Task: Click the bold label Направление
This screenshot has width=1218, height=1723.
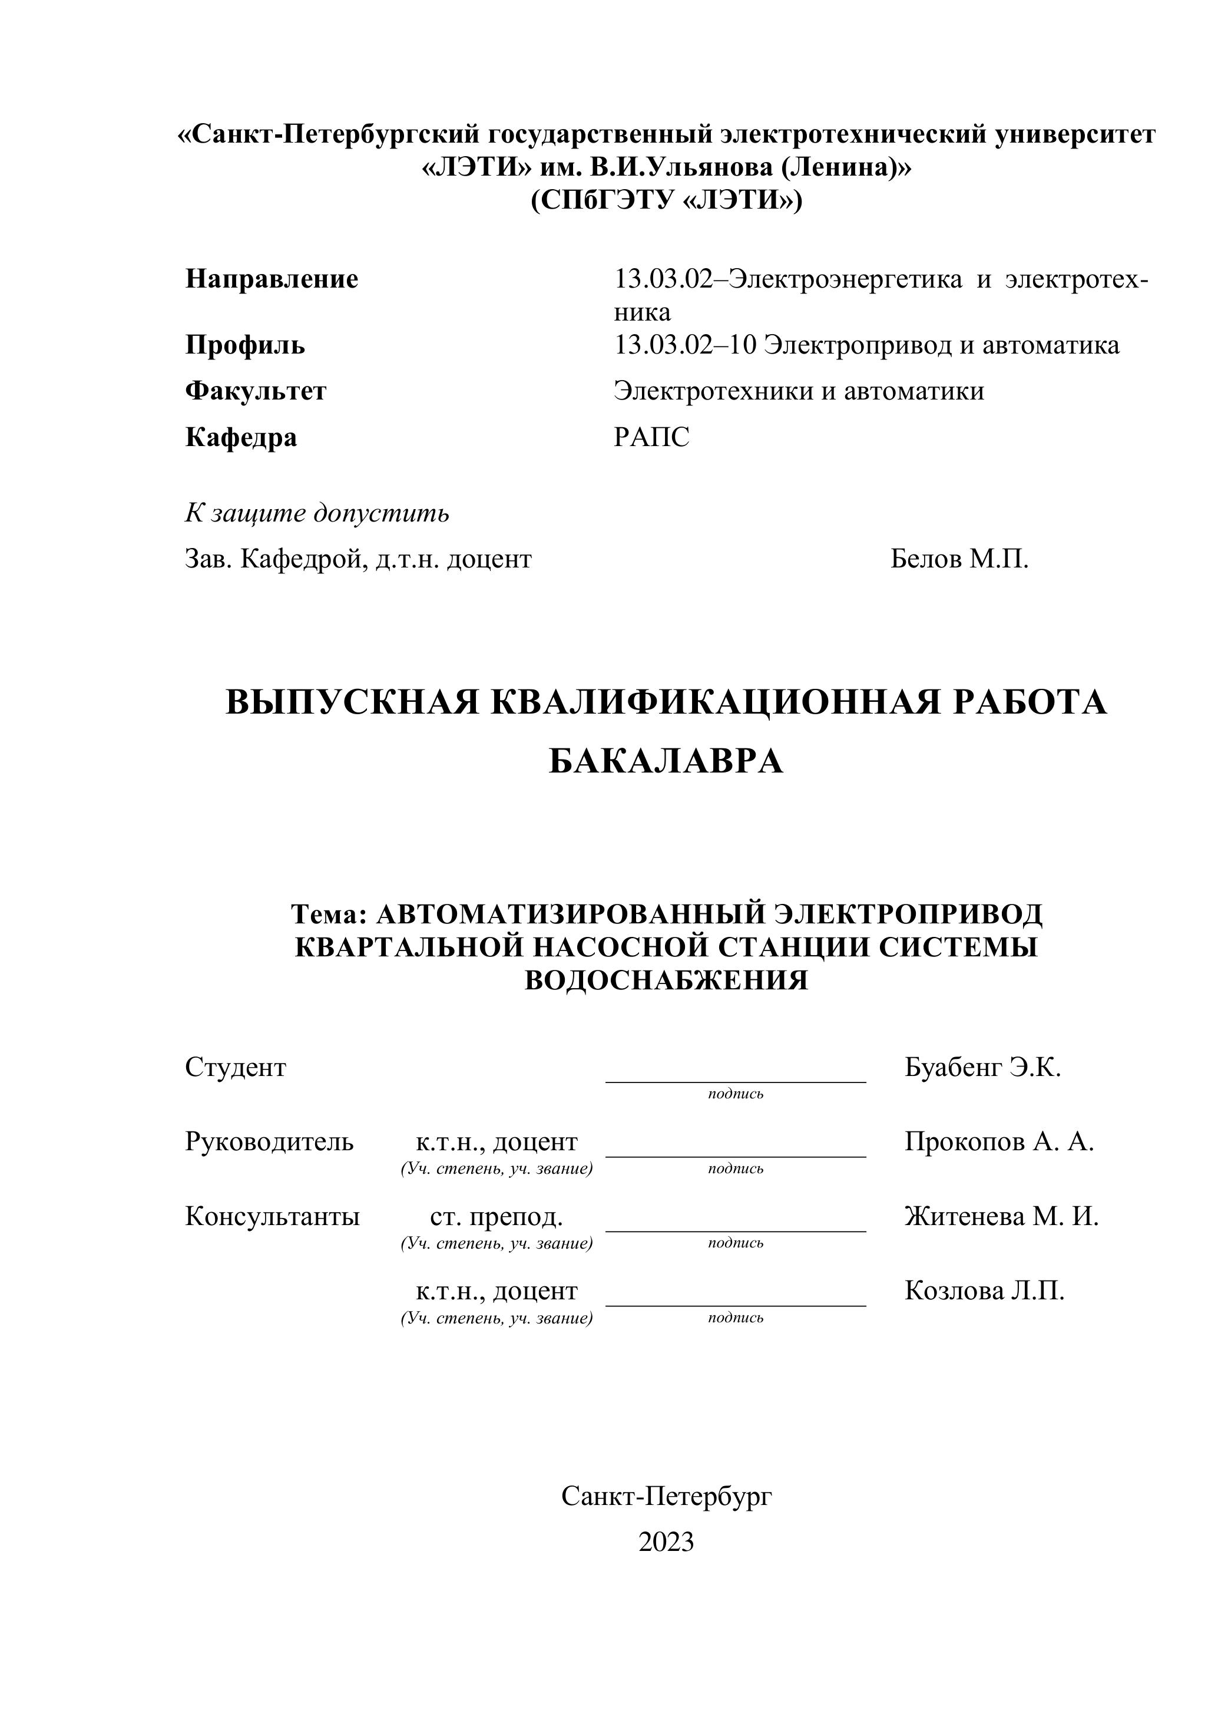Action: point(272,279)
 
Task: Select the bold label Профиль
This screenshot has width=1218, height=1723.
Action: point(245,345)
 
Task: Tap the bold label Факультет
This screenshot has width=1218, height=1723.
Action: point(256,391)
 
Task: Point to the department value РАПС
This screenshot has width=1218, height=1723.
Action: point(651,437)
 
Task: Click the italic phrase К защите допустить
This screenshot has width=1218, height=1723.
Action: point(317,513)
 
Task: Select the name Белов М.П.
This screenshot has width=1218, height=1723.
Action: point(959,559)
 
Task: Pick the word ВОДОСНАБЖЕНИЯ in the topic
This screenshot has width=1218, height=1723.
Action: point(666,980)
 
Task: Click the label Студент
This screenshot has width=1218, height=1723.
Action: point(236,1067)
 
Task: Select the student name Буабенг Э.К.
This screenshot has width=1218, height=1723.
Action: point(982,1067)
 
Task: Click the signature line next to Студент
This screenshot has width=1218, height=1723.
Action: point(735,1081)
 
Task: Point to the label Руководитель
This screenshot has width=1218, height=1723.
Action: point(269,1141)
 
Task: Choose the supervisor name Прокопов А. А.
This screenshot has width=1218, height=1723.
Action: point(999,1141)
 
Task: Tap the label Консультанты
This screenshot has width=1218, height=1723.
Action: point(272,1216)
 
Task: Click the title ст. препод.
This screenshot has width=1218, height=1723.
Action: point(497,1216)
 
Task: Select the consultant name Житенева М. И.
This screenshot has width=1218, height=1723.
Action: point(1001,1216)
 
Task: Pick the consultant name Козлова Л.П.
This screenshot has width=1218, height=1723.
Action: point(984,1290)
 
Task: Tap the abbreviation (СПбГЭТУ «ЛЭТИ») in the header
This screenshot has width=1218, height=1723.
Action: point(666,200)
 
